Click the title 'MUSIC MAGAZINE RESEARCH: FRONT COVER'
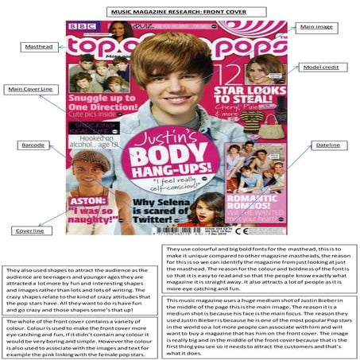180,11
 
